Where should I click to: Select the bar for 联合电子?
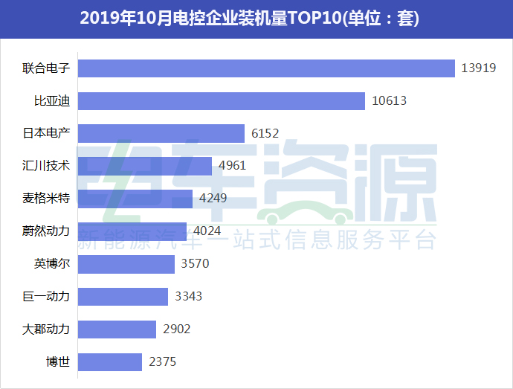tap(265, 68)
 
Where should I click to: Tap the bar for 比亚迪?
tap(221, 100)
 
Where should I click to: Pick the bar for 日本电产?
tap(161, 133)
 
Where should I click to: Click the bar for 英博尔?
tap(126, 264)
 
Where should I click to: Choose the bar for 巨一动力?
tap(123, 297)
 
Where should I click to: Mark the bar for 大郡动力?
tap(117, 329)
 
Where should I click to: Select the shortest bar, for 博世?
tap(109, 362)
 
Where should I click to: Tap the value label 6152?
tap(265, 133)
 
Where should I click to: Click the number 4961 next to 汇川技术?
tap(232, 166)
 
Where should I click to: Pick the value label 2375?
tap(162, 362)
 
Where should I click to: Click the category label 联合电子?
tap(46, 68)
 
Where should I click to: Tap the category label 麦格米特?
tap(46, 199)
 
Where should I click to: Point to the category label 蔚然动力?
tap(46, 231)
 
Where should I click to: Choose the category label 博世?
tap(58, 362)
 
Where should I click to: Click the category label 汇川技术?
tap(46, 166)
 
